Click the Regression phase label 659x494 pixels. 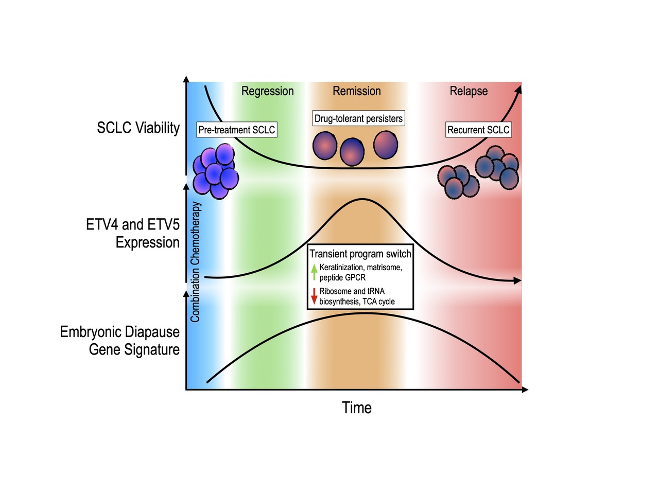[x=267, y=91]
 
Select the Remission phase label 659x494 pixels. [x=356, y=91]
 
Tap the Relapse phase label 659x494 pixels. [x=469, y=91]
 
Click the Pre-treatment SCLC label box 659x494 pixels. [x=237, y=130]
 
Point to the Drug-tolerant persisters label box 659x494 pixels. [x=358, y=118]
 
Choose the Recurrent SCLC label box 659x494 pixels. [x=478, y=130]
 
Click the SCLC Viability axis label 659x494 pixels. [x=138, y=128]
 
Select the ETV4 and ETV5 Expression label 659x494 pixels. [x=133, y=233]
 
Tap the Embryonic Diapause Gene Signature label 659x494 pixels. [x=120, y=341]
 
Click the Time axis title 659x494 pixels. [x=357, y=408]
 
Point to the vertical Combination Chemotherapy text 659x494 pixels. [x=195, y=262]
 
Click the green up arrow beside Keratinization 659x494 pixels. [x=314, y=271]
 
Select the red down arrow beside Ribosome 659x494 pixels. [x=314, y=296]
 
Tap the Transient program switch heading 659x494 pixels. [x=360, y=254]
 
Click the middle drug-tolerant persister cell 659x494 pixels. [x=352, y=152]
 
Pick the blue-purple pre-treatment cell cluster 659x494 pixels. [x=215, y=171]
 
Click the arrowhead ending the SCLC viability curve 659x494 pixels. [x=518, y=89]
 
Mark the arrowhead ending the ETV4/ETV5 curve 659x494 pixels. [x=518, y=281]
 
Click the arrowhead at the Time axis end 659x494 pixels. [x=525, y=390]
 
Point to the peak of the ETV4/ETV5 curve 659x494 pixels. [x=362, y=199]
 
